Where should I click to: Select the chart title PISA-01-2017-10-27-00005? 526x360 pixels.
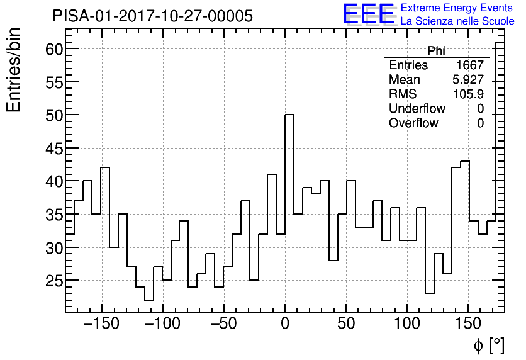[x=153, y=16]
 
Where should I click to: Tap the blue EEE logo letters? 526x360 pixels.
[x=369, y=14]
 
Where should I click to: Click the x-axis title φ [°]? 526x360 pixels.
[x=489, y=345]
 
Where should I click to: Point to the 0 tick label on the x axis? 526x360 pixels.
[x=285, y=325]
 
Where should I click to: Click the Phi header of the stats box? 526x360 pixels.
[x=436, y=51]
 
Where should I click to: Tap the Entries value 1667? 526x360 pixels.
[x=470, y=65]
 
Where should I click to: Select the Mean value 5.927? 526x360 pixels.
[x=468, y=80]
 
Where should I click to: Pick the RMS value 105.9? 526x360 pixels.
[x=468, y=94]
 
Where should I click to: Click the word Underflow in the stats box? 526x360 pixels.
[x=417, y=109]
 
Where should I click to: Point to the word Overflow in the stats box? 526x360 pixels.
[x=413, y=123]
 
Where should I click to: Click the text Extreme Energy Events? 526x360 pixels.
[x=457, y=8]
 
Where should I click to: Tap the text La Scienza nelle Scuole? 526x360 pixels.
[x=457, y=21]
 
